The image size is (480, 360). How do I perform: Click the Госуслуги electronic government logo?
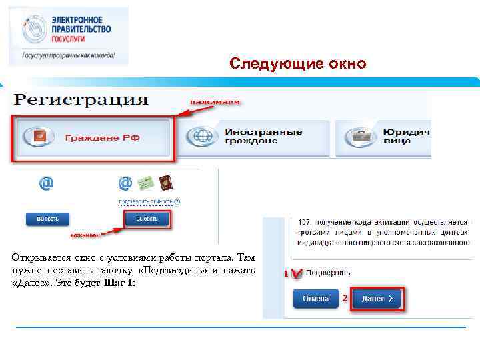(x=69, y=37)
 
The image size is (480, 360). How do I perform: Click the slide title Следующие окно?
(x=297, y=64)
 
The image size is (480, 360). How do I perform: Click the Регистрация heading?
(x=81, y=101)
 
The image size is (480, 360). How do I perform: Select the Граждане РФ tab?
(x=93, y=138)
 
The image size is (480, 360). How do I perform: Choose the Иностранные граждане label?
(x=263, y=137)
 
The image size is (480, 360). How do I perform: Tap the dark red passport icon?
(x=167, y=184)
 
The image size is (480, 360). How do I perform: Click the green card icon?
(x=146, y=184)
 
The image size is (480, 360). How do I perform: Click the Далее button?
(x=377, y=299)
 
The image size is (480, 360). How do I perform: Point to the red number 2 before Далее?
(x=345, y=298)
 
